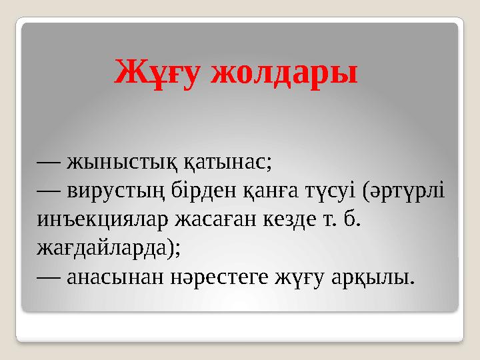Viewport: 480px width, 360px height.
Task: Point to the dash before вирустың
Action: point(49,190)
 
